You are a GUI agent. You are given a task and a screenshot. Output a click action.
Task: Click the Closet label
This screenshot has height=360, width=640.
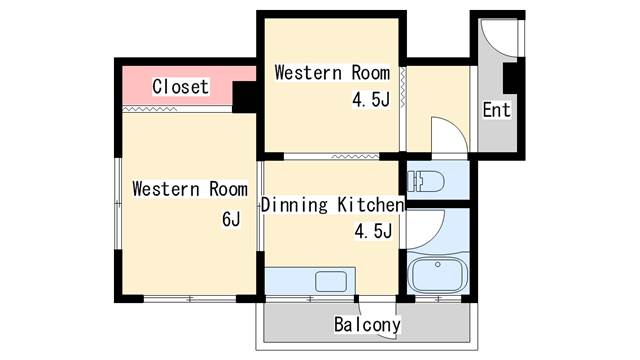[x=180, y=87]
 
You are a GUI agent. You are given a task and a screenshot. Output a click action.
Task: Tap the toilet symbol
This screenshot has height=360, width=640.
[x=426, y=181]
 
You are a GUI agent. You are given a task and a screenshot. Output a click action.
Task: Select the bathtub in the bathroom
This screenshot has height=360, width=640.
[x=437, y=274]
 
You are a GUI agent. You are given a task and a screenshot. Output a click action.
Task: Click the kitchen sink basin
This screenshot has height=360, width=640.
[x=331, y=282]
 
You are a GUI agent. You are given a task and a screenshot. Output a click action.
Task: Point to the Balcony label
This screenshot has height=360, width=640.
[x=367, y=324]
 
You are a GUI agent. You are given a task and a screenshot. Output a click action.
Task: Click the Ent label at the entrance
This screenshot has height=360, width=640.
[x=496, y=110]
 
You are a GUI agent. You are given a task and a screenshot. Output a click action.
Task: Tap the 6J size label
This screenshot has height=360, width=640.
[x=231, y=219]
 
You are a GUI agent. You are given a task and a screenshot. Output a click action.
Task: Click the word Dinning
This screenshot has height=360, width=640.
[x=294, y=204]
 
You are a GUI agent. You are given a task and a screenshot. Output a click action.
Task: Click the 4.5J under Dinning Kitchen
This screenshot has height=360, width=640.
[x=373, y=231]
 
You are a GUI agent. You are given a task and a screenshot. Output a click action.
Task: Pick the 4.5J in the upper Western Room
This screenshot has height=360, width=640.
[x=371, y=99]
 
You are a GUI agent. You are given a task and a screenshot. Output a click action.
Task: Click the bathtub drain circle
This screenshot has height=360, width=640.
[x=438, y=264]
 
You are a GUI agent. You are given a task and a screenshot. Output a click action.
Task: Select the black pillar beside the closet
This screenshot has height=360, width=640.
[x=244, y=97]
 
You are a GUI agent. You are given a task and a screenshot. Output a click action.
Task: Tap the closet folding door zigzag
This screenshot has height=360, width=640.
[x=150, y=109]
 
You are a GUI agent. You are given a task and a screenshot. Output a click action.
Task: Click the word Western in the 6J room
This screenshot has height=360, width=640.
[x=166, y=189]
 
